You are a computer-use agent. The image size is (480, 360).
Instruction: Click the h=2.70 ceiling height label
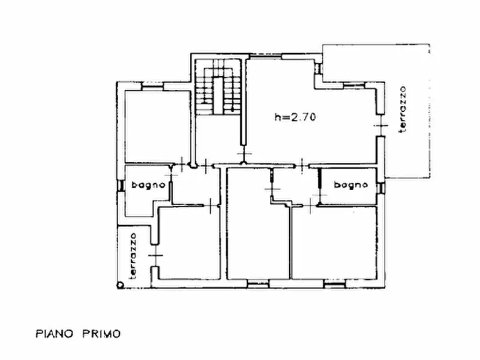[x=295, y=117]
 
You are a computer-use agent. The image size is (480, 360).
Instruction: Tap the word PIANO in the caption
[x=54, y=333]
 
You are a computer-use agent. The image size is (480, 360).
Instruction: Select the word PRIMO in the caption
[x=102, y=333]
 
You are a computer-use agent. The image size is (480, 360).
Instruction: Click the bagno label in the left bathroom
[x=148, y=185]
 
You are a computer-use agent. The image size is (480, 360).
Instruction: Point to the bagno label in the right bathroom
[x=351, y=185]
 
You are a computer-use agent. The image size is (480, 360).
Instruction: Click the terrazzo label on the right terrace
[x=402, y=109]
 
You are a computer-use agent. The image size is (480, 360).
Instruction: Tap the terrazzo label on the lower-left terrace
[x=133, y=256]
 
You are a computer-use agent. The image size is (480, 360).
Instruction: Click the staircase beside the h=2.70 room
[x=218, y=87]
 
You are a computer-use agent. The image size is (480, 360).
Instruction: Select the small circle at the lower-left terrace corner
[x=120, y=285]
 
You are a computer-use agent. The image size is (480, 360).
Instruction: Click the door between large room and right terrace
[x=381, y=125]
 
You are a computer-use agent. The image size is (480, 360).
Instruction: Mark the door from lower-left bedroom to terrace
[x=155, y=256]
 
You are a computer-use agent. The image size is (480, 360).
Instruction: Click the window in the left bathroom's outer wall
[x=121, y=185]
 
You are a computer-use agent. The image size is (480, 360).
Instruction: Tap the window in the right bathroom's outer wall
[x=382, y=188]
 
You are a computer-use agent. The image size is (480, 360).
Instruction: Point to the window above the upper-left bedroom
[x=153, y=87]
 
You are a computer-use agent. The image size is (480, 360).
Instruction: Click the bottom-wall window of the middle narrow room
[x=258, y=284]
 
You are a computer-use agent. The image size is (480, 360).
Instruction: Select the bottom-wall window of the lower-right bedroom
[x=334, y=284]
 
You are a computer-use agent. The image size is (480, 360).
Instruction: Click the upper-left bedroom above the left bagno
[x=157, y=126]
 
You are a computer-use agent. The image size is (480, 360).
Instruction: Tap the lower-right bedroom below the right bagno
[x=334, y=243]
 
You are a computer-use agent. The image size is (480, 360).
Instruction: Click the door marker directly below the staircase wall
[x=244, y=154]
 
